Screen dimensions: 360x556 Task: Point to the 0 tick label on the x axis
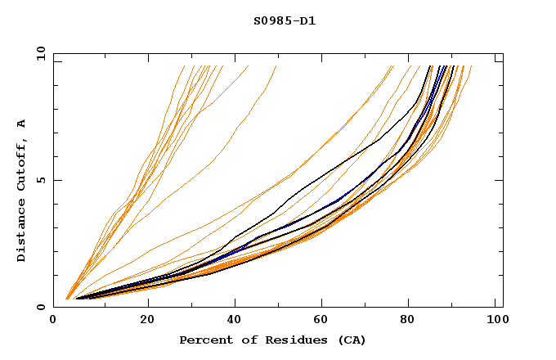click(53, 322)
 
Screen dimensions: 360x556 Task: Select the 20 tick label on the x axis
click(147, 322)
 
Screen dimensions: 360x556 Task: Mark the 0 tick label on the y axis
click(41, 307)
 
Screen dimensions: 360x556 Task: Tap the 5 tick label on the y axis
click(41, 180)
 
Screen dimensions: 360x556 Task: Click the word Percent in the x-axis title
click(204, 340)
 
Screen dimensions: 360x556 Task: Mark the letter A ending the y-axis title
click(21, 124)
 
